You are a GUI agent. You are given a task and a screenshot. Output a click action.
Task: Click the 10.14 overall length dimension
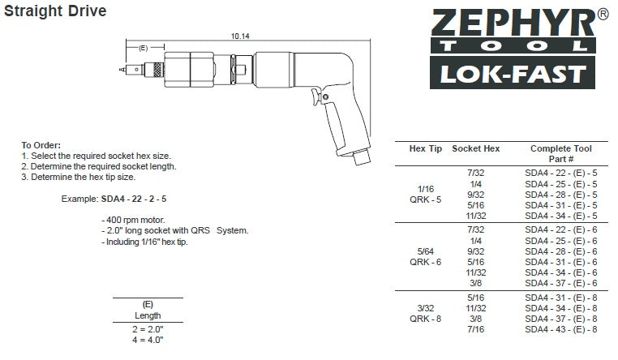click(x=240, y=36)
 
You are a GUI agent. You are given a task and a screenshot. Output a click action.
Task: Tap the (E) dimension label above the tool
click(x=143, y=48)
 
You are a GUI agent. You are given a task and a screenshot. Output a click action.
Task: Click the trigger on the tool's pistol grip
click(x=315, y=97)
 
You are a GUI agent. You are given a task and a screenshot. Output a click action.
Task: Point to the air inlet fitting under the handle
click(x=362, y=156)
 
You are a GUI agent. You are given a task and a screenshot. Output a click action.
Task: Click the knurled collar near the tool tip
click(x=158, y=70)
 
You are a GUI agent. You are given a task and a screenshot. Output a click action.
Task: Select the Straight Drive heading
click(x=55, y=11)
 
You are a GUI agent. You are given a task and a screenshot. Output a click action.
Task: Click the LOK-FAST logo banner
click(x=513, y=73)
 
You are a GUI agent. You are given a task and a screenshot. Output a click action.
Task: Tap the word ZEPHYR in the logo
click(x=513, y=24)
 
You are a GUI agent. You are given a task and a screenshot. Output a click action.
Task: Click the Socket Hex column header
click(x=476, y=148)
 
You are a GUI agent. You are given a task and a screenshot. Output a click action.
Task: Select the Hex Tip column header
click(x=426, y=148)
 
